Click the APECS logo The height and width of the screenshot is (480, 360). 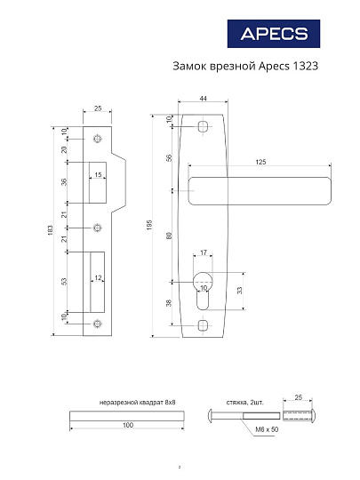point(276,35)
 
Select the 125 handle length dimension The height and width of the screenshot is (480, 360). point(260,162)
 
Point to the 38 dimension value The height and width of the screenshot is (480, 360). point(169,303)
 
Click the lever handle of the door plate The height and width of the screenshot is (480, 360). point(262,187)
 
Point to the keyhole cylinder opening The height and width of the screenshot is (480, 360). point(204,284)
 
